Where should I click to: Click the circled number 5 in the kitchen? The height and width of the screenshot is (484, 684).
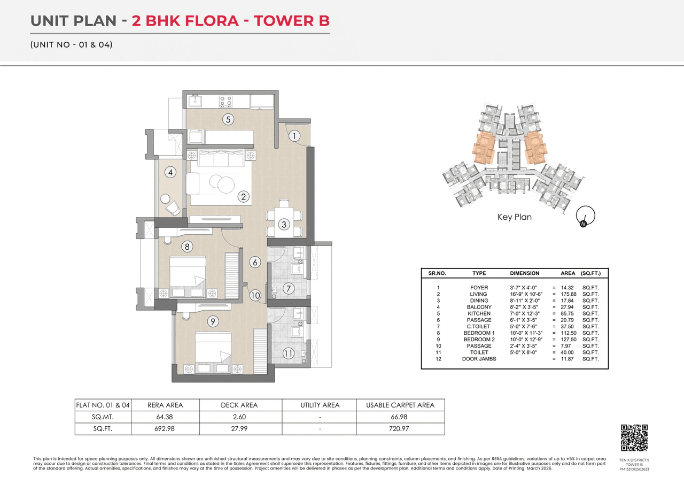click(x=228, y=119)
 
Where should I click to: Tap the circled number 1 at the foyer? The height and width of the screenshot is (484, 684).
click(x=294, y=136)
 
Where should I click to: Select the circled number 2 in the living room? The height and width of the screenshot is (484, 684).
click(x=244, y=197)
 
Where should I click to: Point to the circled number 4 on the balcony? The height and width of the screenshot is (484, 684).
click(x=170, y=172)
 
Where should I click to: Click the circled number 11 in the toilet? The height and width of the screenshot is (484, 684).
click(x=288, y=353)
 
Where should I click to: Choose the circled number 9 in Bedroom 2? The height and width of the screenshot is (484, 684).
click(x=213, y=321)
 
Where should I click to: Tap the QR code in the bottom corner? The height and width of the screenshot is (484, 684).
click(x=634, y=437)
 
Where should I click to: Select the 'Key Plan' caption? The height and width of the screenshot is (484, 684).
click(x=514, y=217)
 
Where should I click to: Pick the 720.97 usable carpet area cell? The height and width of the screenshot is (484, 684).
click(x=400, y=428)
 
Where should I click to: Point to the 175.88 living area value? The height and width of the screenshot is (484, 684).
click(x=568, y=294)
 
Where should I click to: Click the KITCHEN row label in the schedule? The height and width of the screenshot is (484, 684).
click(x=479, y=313)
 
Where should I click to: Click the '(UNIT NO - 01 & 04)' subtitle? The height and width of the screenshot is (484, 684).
click(x=71, y=44)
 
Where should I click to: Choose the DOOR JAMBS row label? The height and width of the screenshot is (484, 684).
click(x=479, y=359)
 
